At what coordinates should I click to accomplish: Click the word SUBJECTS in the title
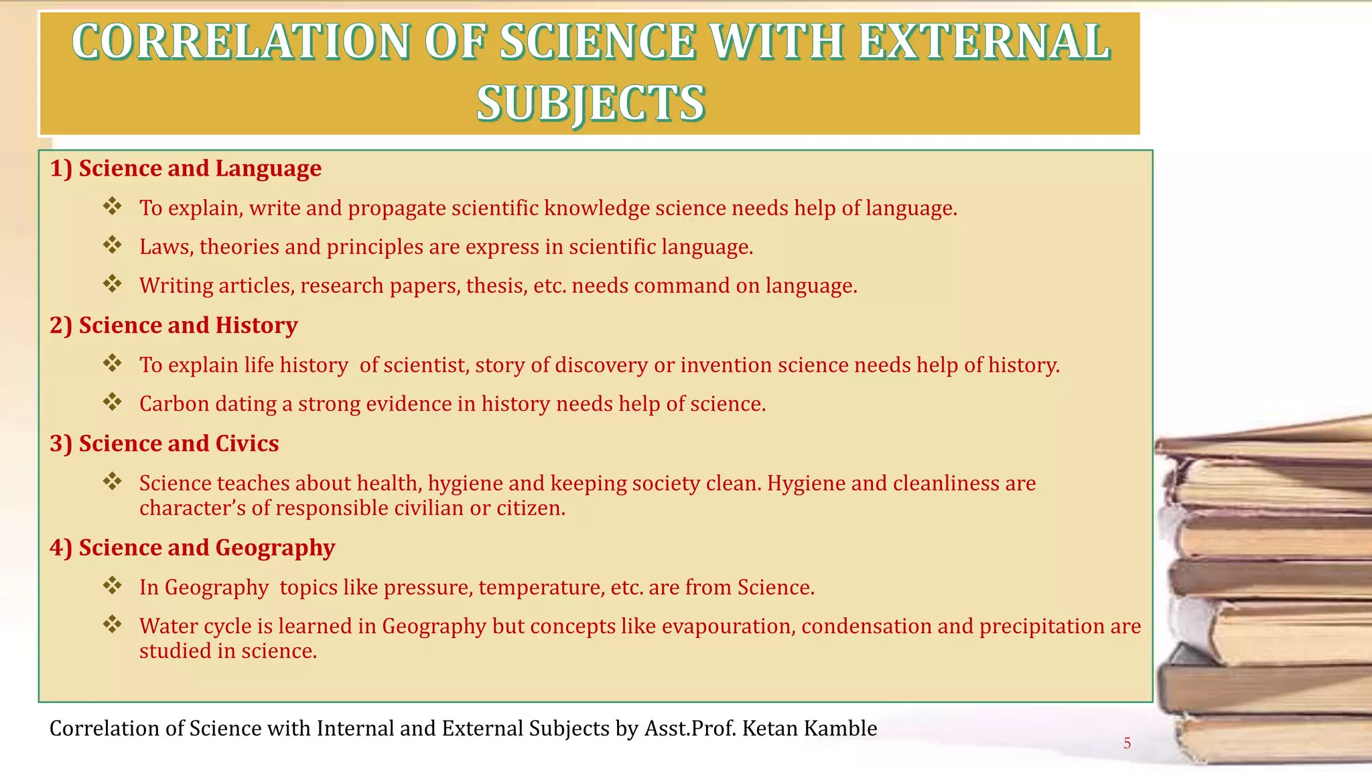click(590, 103)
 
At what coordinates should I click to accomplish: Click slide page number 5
click(1127, 743)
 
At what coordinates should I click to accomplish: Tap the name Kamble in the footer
click(839, 728)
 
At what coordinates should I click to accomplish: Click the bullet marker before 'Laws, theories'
click(113, 245)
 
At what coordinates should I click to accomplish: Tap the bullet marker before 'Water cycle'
click(113, 625)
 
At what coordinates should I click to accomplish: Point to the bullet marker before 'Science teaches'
click(113, 481)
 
